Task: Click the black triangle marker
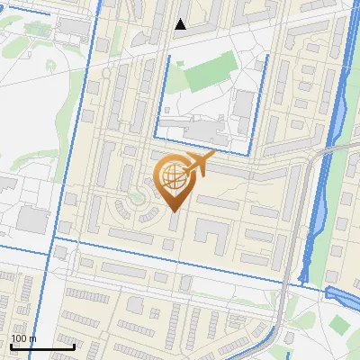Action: tap(181, 24)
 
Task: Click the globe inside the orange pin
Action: tap(173, 178)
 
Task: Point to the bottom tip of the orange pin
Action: tap(174, 211)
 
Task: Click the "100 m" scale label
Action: tap(23, 338)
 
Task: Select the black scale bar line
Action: tap(42, 346)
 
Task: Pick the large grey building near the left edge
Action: tap(33, 219)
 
